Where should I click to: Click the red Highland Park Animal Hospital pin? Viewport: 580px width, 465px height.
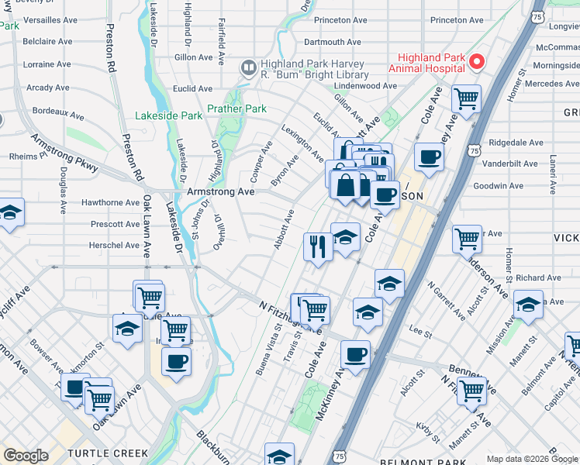[478, 61]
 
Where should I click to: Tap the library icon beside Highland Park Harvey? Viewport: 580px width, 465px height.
[248, 68]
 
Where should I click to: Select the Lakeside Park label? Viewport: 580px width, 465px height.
[168, 116]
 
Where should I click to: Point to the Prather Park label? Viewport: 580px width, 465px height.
[236, 109]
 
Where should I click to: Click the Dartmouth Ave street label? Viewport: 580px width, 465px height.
[334, 41]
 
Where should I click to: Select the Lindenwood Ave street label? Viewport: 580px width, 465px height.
[366, 86]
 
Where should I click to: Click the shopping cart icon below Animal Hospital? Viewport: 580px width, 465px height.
[466, 98]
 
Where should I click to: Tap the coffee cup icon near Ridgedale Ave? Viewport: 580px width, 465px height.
[429, 157]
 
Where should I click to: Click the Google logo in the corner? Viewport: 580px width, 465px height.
[26, 456]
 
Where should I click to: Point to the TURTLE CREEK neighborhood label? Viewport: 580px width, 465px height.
[107, 453]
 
